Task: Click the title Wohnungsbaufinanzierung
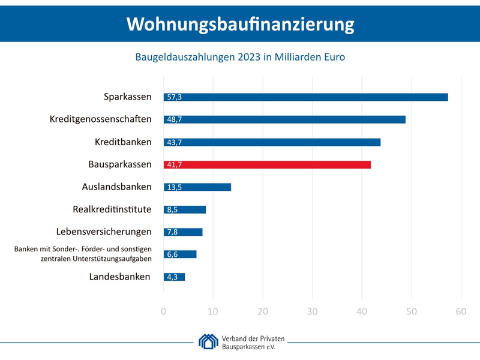pyautogui.click(x=240, y=23)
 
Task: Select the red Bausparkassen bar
pyautogui.click(x=267, y=164)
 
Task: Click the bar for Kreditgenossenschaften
pyautogui.click(x=284, y=119)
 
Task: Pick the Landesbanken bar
pyautogui.click(x=174, y=277)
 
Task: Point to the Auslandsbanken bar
pyautogui.click(x=197, y=187)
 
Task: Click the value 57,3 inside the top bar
pyautogui.click(x=174, y=97)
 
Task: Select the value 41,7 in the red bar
pyautogui.click(x=174, y=164)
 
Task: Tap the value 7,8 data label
pyautogui.click(x=173, y=232)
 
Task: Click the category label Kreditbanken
pyautogui.click(x=123, y=142)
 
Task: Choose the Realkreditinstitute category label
pyautogui.click(x=112, y=209)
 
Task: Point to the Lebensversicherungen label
pyautogui.click(x=104, y=232)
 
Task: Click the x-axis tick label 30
pyautogui.click(x=312, y=311)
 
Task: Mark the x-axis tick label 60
pyautogui.click(x=460, y=311)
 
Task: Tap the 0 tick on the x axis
pyautogui.click(x=164, y=311)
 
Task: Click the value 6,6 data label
pyautogui.click(x=173, y=254)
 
